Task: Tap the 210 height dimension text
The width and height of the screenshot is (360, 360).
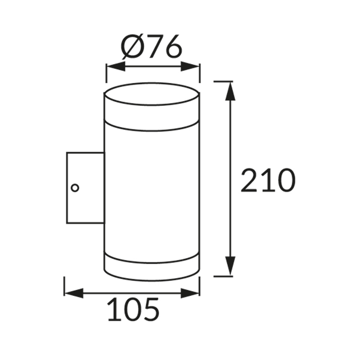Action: coord(268,180)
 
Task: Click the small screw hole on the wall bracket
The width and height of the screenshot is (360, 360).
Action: coord(75,188)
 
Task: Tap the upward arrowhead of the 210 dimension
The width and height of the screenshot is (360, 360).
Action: coord(230,91)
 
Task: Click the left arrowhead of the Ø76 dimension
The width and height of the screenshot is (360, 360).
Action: coord(115,66)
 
